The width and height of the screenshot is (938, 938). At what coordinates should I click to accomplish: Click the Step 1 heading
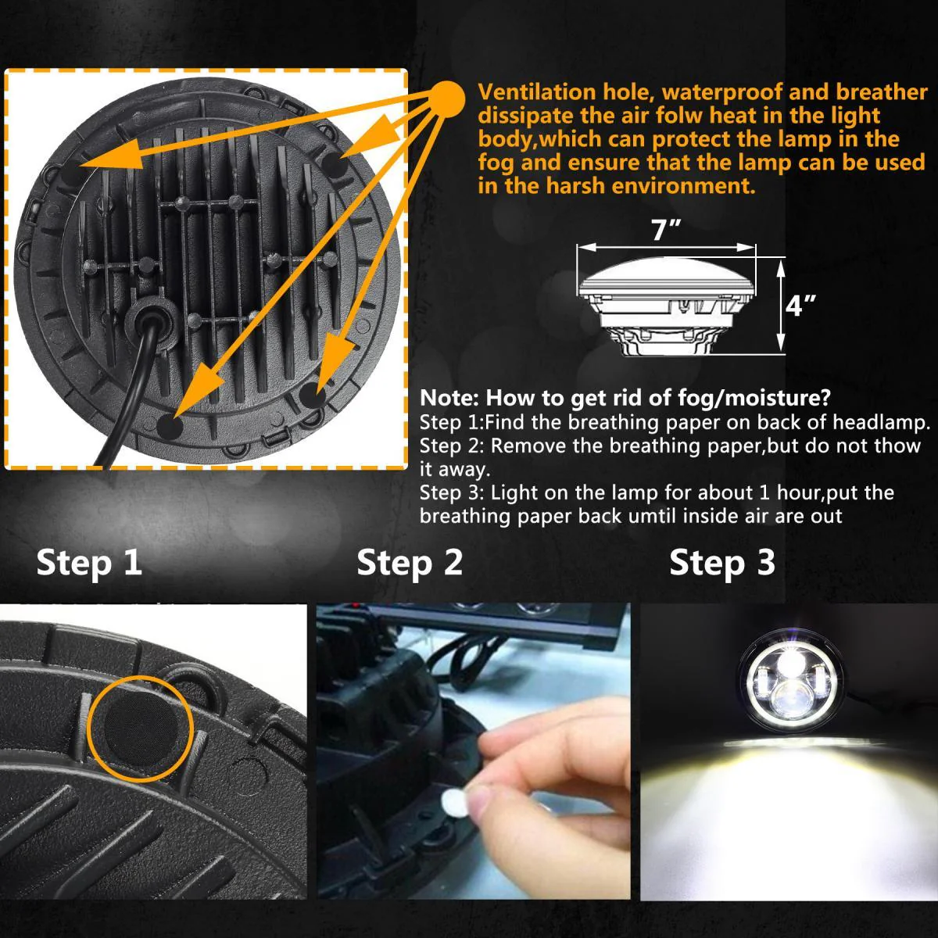(x=89, y=563)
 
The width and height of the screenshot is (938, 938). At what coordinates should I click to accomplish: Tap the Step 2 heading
(x=410, y=563)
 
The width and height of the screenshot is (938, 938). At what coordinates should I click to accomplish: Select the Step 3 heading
(x=722, y=563)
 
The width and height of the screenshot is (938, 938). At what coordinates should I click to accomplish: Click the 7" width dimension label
(x=666, y=231)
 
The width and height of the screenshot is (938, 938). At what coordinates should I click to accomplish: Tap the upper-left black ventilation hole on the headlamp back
(x=69, y=170)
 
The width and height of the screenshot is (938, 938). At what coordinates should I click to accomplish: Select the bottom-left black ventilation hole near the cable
(x=170, y=427)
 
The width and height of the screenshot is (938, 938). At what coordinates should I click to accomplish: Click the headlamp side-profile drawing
(x=667, y=310)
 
